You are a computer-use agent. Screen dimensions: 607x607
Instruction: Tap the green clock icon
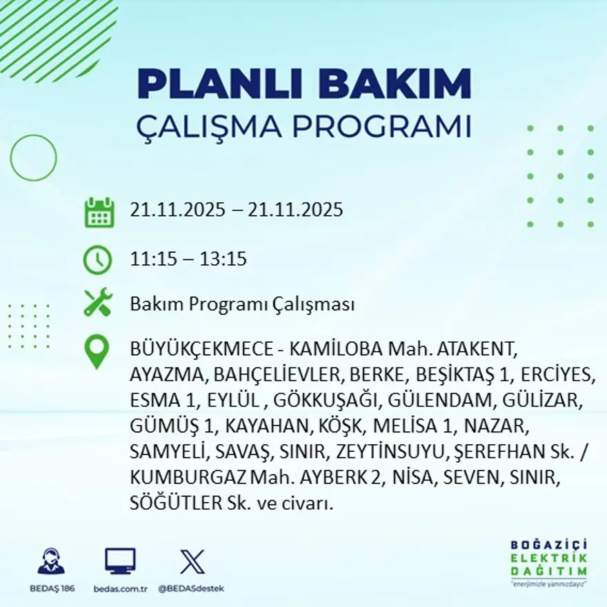[97, 260]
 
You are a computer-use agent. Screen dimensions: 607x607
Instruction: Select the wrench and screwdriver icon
[97, 303]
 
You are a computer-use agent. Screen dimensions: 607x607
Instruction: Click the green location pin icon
[97, 351]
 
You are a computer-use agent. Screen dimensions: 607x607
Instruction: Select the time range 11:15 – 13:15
[188, 260]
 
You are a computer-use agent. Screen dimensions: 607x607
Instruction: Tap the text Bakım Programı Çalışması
[242, 304]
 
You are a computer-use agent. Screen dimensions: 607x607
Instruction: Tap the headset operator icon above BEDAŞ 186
[51, 561]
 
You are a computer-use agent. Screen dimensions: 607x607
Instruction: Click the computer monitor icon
[120, 561]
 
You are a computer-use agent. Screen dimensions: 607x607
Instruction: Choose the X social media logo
[191, 561]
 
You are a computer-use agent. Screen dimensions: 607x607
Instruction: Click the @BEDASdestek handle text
[191, 588]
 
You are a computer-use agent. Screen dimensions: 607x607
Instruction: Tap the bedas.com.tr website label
[120, 588]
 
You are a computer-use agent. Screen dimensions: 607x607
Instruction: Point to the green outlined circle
[33, 157]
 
